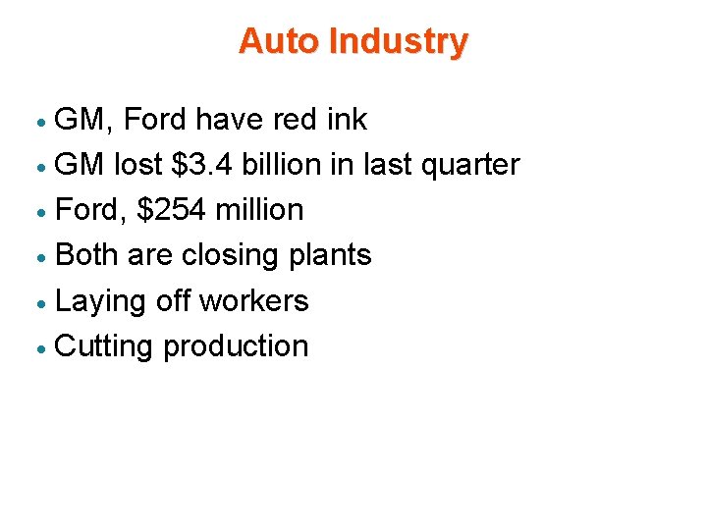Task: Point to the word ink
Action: [347, 120]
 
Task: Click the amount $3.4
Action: [203, 165]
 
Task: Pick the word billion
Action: [278, 165]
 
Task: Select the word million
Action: [259, 210]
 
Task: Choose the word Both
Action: [87, 255]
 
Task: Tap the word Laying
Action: [102, 301]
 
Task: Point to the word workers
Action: [253, 301]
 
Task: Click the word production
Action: [236, 346]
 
